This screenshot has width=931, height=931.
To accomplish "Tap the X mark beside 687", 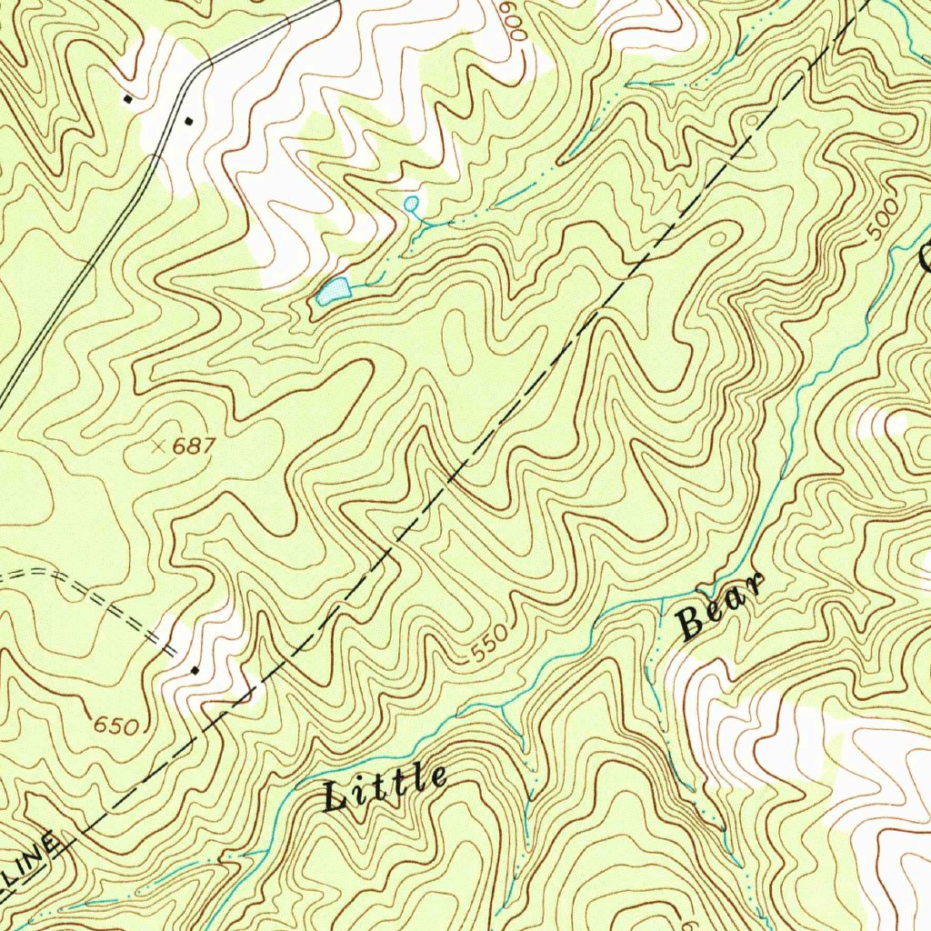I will click(160, 445).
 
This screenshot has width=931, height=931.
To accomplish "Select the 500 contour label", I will click(881, 219).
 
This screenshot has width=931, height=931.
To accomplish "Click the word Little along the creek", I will click(386, 788).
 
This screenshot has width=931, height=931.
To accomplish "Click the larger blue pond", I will click(334, 291).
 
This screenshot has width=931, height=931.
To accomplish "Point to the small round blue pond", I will click(411, 203).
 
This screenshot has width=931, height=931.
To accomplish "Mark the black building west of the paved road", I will click(128, 98).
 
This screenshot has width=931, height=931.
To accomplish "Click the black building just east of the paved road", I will click(189, 120).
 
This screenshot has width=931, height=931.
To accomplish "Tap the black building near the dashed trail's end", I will click(195, 670).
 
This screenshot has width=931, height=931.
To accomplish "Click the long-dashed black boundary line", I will click(546, 364).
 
